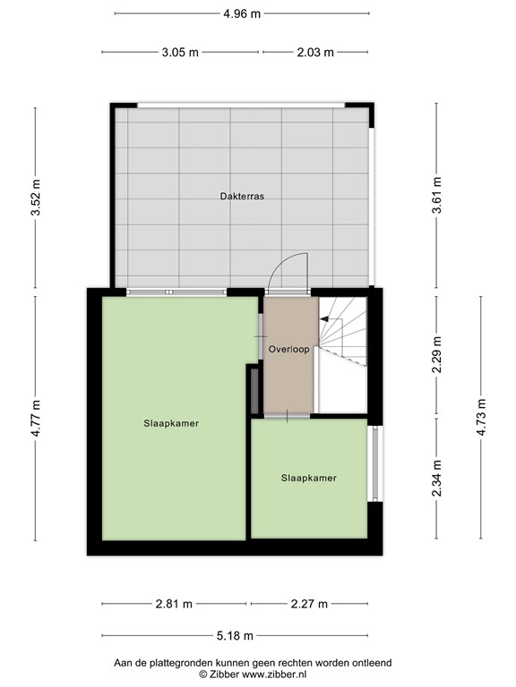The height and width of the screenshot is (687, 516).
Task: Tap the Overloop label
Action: pos(288,350)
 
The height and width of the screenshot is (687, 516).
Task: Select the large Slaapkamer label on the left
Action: pos(170,424)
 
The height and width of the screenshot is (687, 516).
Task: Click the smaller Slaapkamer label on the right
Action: pos(308,478)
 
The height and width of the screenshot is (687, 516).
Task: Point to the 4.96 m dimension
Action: pos(242,13)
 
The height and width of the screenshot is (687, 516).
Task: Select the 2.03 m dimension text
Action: pos(314,52)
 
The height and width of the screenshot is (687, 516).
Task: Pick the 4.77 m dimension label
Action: pos(36,418)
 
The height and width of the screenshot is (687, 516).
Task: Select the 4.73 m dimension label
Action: pos(481,418)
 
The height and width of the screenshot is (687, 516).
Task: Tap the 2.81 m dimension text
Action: pos(174,603)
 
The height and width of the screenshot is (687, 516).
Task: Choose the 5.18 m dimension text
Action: pos(235,636)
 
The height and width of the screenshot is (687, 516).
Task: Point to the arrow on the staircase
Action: pos(325,320)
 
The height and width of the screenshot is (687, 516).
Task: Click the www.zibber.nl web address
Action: pos(271,674)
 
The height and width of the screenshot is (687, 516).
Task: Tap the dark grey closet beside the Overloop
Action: pos(254,391)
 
